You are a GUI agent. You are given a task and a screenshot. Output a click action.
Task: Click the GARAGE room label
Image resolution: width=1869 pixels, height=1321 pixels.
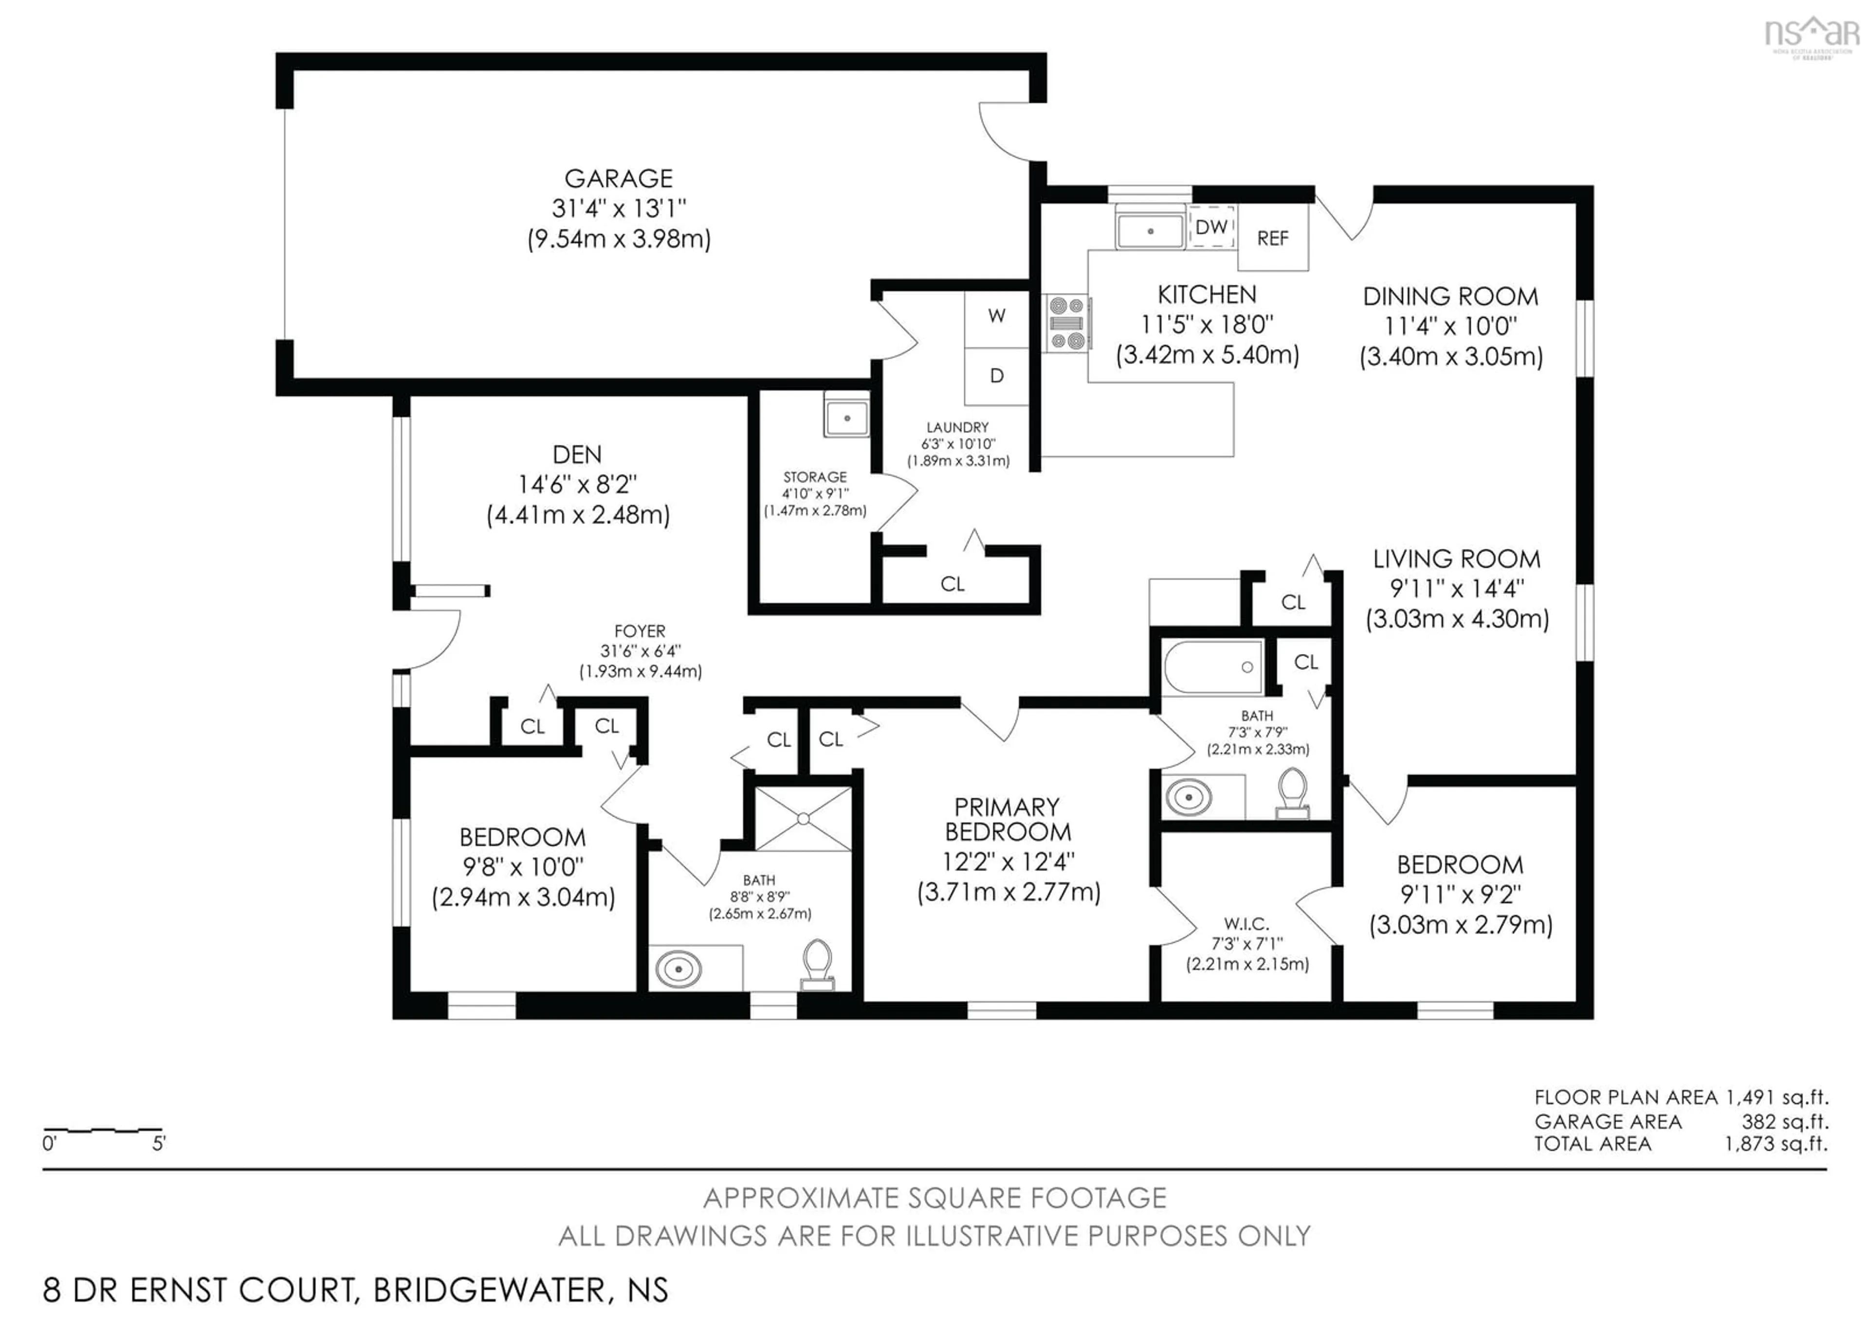(619, 178)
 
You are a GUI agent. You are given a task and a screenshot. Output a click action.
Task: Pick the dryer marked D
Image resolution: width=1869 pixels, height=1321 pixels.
(996, 377)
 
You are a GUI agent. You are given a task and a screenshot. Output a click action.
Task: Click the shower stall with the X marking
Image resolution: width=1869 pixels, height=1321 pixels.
(804, 818)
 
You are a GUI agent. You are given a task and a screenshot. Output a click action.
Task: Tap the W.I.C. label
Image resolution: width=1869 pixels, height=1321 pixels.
(1246, 924)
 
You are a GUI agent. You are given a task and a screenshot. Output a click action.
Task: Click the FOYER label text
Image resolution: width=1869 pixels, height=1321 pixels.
(640, 631)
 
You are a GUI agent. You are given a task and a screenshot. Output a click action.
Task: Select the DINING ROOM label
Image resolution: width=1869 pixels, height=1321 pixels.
(1450, 296)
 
